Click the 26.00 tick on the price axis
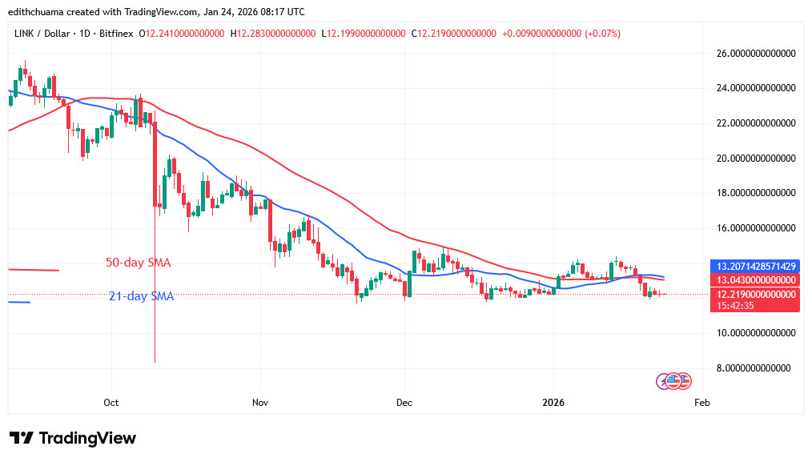pyautogui.click(x=756, y=54)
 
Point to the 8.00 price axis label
pyautogui.click(x=756, y=368)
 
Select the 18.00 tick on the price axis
pyautogui.click(x=756, y=193)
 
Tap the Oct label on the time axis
pyautogui.click(x=111, y=402)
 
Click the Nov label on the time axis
pyautogui.click(x=259, y=402)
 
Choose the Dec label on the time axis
pyautogui.click(x=404, y=402)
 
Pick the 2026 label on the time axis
pyautogui.click(x=554, y=402)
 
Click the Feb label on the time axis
pyautogui.click(x=701, y=402)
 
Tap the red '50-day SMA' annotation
pyautogui.click(x=138, y=263)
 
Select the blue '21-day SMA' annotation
pyautogui.click(x=141, y=296)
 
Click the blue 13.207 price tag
pyautogui.click(x=756, y=266)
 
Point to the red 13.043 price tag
pyautogui.click(x=756, y=280)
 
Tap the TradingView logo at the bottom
pyautogui.click(x=73, y=438)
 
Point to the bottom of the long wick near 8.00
pyautogui.click(x=154, y=362)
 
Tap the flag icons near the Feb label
pyautogui.click(x=673, y=381)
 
